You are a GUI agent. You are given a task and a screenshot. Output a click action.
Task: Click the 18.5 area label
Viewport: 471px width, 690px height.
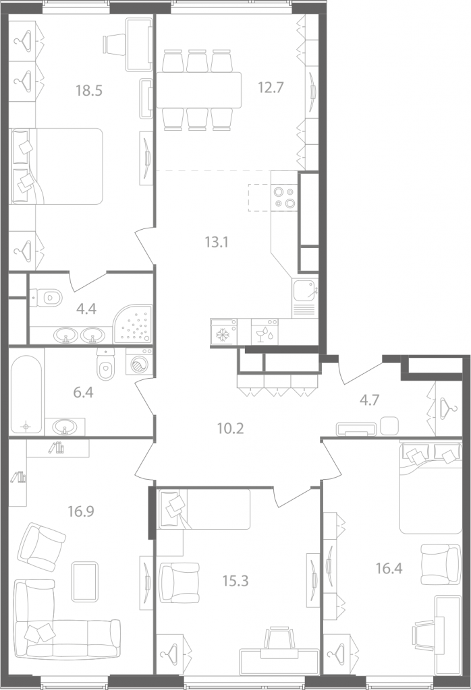click(89, 91)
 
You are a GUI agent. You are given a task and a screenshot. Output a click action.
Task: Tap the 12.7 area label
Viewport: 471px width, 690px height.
click(271, 88)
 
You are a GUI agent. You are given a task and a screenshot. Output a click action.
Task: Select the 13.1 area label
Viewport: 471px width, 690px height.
click(217, 242)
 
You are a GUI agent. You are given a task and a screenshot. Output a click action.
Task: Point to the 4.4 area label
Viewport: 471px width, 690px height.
click(86, 309)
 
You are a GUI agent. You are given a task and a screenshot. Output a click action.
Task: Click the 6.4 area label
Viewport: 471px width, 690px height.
click(83, 392)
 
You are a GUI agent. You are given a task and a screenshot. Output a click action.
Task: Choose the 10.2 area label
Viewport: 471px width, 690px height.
click(230, 428)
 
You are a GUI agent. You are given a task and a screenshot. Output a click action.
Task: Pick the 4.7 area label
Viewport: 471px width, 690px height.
click(369, 400)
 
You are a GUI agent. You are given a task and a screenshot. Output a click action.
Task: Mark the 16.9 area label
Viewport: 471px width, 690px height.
click(81, 511)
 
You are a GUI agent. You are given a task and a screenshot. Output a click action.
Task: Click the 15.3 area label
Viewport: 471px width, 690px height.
click(235, 581)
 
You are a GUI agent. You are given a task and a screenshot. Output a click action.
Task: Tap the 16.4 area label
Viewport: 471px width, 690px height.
click(389, 569)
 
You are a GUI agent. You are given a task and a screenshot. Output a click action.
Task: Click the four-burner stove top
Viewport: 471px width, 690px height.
click(284, 197)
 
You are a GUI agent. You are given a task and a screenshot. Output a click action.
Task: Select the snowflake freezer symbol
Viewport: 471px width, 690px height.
click(223, 336)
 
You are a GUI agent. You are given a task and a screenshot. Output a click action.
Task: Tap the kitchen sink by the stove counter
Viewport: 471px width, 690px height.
click(305, 290)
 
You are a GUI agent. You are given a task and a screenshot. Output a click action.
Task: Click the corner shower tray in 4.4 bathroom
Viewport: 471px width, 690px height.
click(133, 324)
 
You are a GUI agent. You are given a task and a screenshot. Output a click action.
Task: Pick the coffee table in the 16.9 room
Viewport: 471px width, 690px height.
click(84, 582)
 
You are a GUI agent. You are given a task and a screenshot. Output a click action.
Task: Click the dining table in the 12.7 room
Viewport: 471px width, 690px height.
click(198, 90)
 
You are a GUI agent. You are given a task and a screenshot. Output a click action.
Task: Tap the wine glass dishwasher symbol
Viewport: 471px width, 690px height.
click(265, 336)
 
